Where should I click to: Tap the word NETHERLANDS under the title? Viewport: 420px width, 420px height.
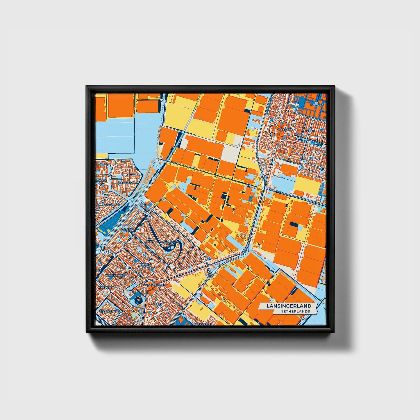295,311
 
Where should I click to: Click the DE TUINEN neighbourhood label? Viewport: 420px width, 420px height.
310,130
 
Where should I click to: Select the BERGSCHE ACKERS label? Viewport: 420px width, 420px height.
144,265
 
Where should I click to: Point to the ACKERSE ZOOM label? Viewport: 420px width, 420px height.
126,230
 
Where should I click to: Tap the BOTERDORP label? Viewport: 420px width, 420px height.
105,287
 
